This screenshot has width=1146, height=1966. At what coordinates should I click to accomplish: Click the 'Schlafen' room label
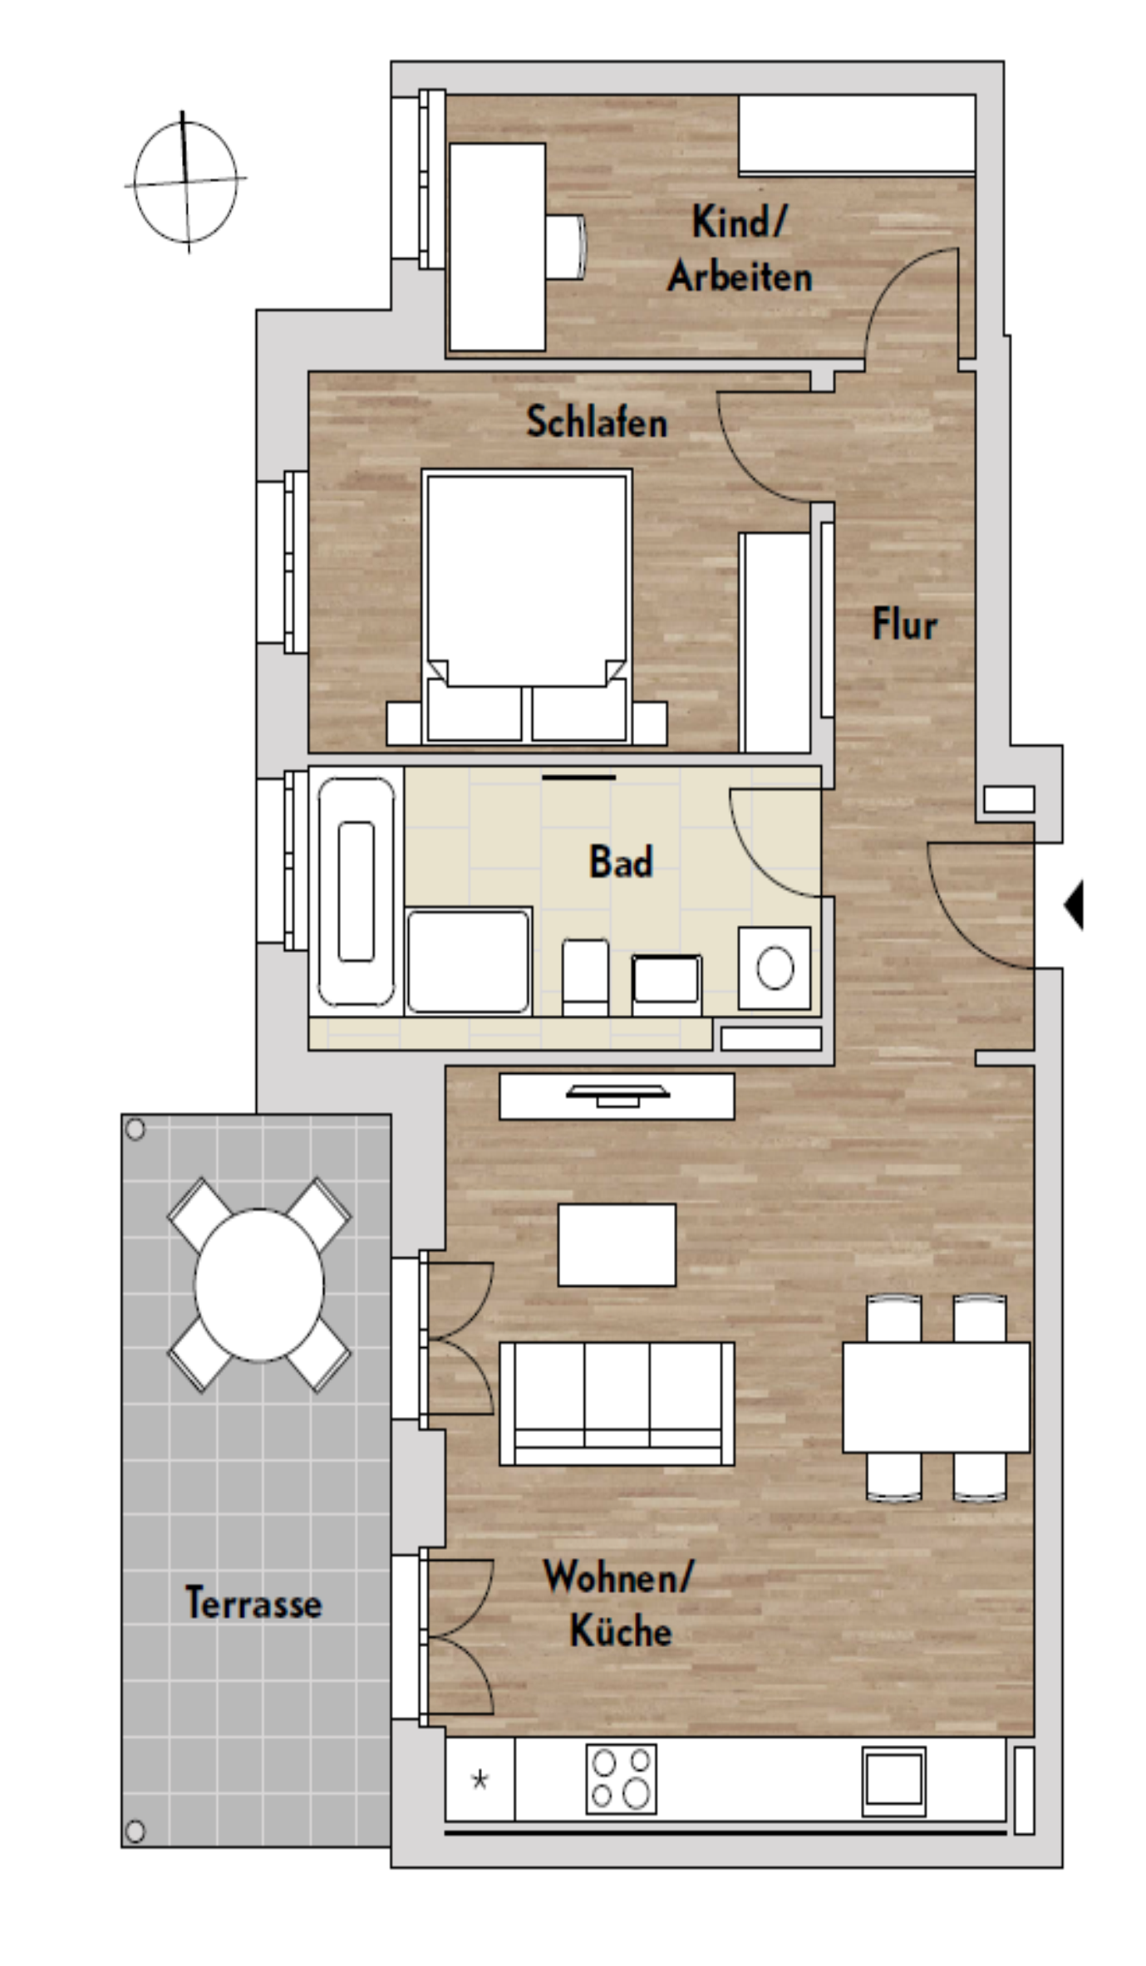596,421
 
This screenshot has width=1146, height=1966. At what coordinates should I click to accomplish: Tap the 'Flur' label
904,624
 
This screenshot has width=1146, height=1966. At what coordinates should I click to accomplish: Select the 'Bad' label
621,861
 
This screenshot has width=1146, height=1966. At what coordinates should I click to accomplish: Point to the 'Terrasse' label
253,1602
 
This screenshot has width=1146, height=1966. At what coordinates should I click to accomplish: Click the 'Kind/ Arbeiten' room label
740,250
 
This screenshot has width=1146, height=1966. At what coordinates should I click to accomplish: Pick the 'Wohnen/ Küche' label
619,1604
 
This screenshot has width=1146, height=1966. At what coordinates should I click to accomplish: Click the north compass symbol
185,181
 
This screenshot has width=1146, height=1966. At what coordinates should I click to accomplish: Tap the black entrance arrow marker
1074,905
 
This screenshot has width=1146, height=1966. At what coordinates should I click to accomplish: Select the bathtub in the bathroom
357,891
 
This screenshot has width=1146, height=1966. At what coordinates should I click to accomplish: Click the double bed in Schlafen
527,606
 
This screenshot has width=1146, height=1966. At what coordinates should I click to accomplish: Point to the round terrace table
259,1285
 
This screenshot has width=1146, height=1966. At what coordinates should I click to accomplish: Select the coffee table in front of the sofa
617,1244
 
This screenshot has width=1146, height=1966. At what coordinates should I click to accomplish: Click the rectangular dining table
937,1397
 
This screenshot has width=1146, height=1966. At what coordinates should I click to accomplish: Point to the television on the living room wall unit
617,1096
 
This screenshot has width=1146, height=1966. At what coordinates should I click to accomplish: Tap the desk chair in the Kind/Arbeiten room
566,248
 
